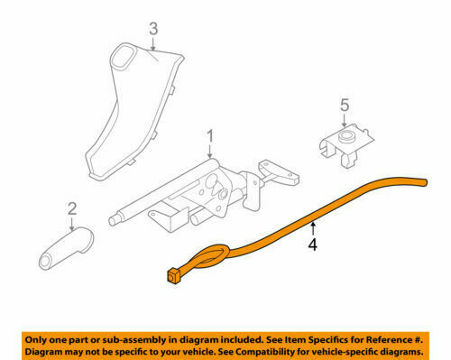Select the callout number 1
210,136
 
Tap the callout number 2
71,211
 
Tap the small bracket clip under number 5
346,143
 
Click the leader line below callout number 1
210,152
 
